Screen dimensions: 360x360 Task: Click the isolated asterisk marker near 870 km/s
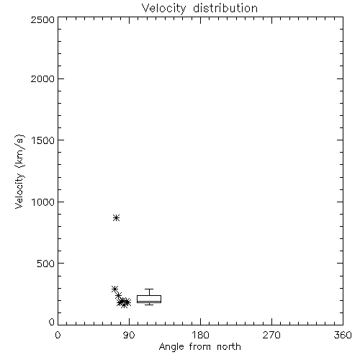point(117,218)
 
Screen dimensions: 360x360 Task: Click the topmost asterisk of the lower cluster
point(114,289)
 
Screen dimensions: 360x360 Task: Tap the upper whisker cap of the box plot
point(149,289)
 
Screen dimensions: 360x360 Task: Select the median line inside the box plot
point(149,301)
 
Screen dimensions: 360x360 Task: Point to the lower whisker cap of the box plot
point(149,305)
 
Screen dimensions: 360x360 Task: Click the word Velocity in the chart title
point(163,9)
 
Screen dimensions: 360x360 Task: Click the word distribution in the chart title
point(225,8)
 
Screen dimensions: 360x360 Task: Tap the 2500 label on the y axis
point(42,19)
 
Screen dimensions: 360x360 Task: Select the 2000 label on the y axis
point(42,78)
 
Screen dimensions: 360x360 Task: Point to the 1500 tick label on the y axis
point(43,140)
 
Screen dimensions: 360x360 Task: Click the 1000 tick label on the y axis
point(43,202)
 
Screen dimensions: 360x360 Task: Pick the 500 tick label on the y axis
point(46,264)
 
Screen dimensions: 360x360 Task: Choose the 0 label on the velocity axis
point(52,322)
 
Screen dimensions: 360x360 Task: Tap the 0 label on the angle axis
point(58,335)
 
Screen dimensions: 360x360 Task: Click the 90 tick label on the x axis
point(129,335)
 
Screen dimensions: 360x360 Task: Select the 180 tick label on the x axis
point(200,335)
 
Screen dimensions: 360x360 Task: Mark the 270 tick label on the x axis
point(271,335)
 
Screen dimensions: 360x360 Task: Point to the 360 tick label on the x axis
point(343,335)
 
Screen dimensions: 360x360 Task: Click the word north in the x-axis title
point(229,347)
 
